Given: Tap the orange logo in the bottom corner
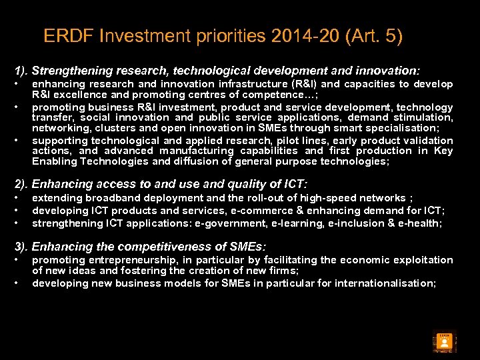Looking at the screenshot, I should pos(444,341).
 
